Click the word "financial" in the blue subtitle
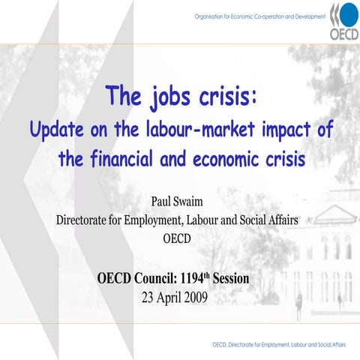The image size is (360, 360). tap(130, 158)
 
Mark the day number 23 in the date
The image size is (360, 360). tap(148, 296)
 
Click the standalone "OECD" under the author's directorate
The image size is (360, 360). tap(180, 239)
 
